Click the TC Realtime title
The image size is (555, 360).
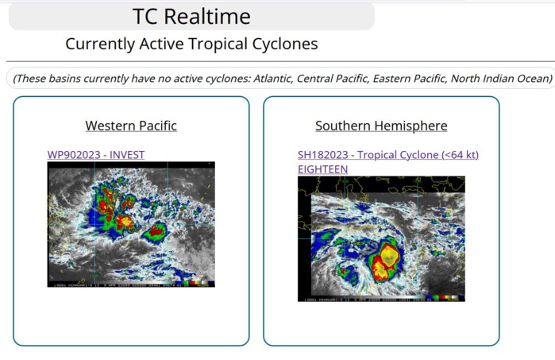pyautogui.click(x=191, y=16)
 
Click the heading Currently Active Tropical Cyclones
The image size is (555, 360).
pyautogui.click(x=191, y=44)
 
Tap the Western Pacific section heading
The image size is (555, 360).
pyautogui.click(x=131, y=126)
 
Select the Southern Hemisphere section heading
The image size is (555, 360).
pyautogui.click(x=381, y=126)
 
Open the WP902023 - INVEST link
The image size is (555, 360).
pyautogui.click(x=96, y=155)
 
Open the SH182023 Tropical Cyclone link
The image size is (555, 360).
pyautogui.click(x=388, y=155)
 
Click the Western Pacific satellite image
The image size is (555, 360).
pyautogui.click(x=131, y=224)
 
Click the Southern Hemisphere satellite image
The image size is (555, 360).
pyautogui.click(x=381, y=238)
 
